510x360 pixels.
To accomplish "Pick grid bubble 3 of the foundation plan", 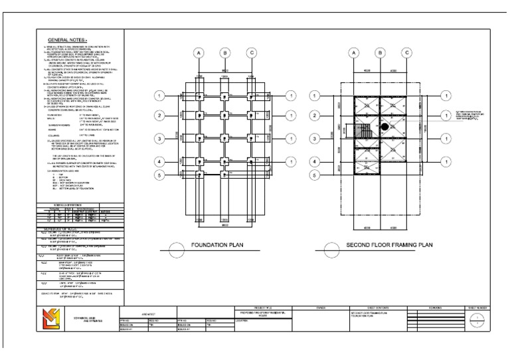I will pyautogui.click(x=159, y=138).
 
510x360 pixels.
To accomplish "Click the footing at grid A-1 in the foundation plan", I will pyautogui.click(x=199, y=96).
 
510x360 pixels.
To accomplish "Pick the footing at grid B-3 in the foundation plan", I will pyautogui.click(x=225, y=138).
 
